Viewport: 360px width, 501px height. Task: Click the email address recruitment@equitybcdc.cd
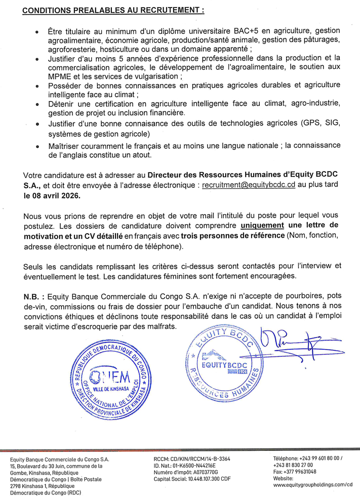(248, 185)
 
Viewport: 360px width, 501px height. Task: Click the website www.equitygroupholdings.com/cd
(312, 484)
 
